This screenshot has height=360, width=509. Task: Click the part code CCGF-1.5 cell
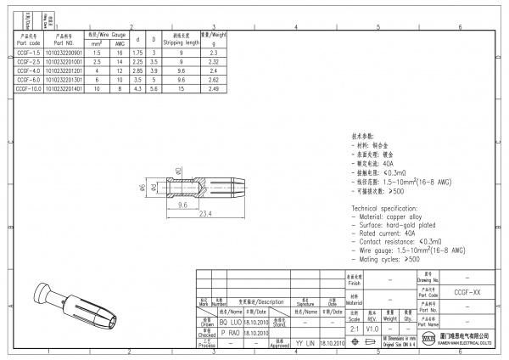tap(28, 53)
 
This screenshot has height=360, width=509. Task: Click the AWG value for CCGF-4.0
tap(120, 70)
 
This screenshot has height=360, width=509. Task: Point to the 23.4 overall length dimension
tap(204, 213)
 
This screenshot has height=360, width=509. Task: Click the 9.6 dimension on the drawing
tap(182, 205)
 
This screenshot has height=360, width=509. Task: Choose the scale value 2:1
tap(352, 328)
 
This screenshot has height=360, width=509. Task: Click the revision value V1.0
tap(372, 328)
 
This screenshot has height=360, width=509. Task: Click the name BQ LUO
tap(230, 323)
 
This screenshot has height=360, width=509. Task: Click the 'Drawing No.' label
tap(428, 278)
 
